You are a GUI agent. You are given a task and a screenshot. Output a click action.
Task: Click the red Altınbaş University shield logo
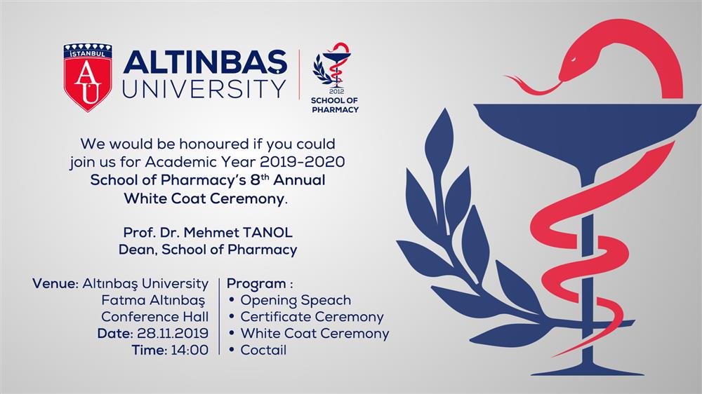tap(87, 77)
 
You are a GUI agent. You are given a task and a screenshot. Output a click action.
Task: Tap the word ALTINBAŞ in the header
tap(205, 62)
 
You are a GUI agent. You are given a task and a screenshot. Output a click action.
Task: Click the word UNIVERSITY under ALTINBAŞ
tap(204, 88)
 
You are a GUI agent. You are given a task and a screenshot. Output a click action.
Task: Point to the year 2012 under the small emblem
tap(336, 92)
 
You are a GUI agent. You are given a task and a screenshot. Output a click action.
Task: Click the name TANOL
tap(267, 233)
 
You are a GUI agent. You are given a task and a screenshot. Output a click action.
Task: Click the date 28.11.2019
tap(173, 334)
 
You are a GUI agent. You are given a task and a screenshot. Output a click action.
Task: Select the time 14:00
tap(190, 350)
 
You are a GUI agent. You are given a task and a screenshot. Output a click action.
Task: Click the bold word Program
tap(256, 284)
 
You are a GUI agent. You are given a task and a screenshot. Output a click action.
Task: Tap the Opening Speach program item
tap(296, 301)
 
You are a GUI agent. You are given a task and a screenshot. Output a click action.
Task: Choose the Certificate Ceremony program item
tap(312, 317)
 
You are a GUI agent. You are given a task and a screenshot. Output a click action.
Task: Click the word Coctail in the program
tap(263, 350)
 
